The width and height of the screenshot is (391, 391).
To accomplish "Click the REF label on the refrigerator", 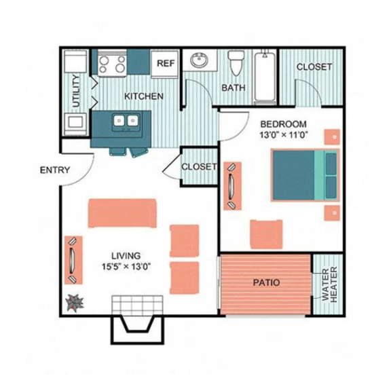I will [x=166, y=63].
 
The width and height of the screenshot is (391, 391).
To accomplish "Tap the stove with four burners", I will [x=113, y=64].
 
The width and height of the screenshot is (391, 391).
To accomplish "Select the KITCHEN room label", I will [x=143, y=96].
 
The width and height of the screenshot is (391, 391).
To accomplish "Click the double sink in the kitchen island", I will [x=125, y=123].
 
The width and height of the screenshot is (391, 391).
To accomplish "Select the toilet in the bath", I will [x=236, y=62].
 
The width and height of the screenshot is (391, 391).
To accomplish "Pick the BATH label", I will [x=233, y=88].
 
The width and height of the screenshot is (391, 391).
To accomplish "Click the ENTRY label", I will [x=55, y=170].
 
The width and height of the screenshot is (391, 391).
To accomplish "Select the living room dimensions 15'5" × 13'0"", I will [x=126, y=266].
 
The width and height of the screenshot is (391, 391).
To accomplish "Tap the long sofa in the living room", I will [x=122, y=213].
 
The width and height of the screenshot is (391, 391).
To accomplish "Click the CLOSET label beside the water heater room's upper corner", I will [x=314, y=67].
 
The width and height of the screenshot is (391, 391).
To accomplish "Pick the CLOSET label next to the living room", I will [x=199, y=166].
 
